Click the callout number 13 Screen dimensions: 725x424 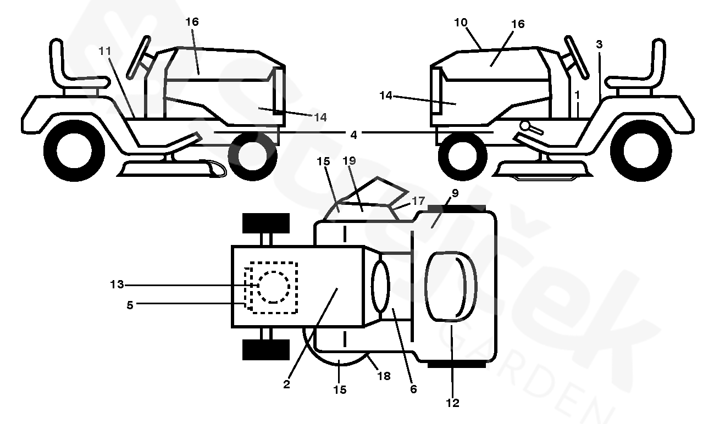117,284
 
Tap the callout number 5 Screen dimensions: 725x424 130,305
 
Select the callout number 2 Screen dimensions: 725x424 286,384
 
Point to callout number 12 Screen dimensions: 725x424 452,403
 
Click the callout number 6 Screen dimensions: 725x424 413,389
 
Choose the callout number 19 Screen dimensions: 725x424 349,161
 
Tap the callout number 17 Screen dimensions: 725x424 418,201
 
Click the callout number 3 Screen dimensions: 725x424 599,44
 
